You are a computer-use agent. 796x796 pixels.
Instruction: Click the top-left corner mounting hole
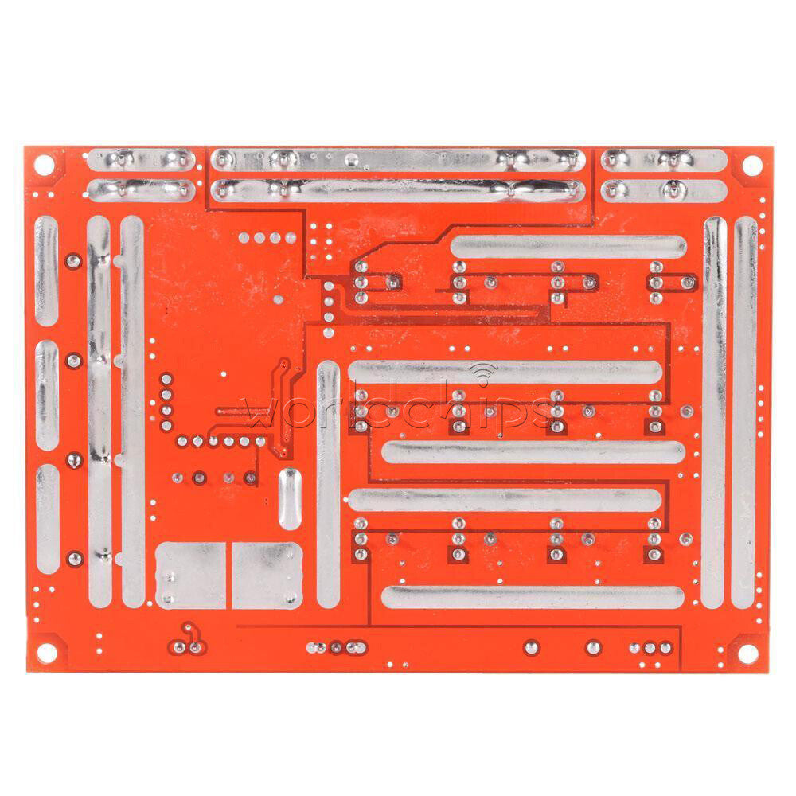tap(44, 165)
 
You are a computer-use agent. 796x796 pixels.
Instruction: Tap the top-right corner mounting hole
tap(752, 166)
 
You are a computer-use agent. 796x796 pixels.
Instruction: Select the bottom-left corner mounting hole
tap(47, 653)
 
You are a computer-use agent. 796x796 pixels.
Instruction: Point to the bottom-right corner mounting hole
tap(747, 654)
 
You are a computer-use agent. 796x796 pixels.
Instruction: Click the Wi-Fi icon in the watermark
tap(484, 373)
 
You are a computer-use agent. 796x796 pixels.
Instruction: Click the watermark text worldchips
tap(400, 408)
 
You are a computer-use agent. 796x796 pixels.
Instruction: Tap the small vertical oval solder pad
tap(290, 499)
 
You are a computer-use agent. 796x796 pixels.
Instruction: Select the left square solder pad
tap(191, 576)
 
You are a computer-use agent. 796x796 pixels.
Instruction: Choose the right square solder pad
tap(267, 576)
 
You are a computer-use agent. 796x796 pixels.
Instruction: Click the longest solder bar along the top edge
tap(398, 161)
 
